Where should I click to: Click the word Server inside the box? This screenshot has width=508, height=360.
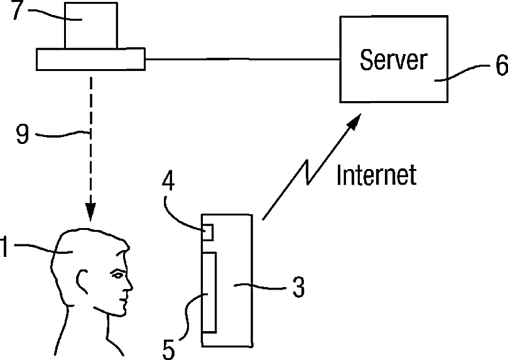pos(393,60)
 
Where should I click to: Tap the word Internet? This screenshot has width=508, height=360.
pos(376,175)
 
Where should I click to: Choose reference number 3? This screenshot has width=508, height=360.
pos(298,288)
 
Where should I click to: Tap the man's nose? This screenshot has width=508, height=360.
pos(129,286)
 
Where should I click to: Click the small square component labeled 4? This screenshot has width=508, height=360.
pos(207,232)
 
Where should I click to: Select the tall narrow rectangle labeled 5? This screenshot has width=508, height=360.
pos(209,292)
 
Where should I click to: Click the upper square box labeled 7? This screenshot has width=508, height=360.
pos(90,25)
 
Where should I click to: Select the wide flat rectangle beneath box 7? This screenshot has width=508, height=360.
pos(90,59)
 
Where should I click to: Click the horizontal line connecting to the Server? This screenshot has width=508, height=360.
pos(242,59)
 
